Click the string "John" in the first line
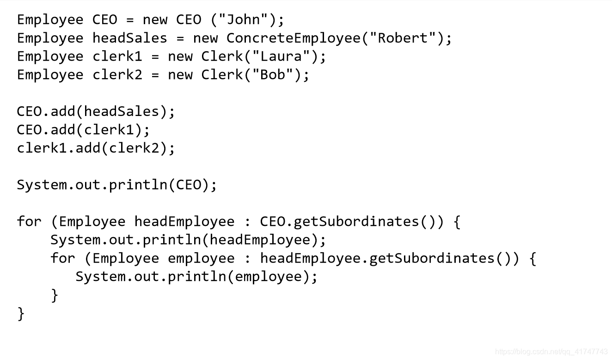[x=244, y=20]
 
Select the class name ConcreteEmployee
[x=294, y=38]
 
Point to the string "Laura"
[x=281, y=57]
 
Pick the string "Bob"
[x=273, y=75]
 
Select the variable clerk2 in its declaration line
[x=117, y=75]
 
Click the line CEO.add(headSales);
[x=96, y=111]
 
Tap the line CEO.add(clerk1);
[x=84, y=130]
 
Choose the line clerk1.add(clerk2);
[x=96, y=148]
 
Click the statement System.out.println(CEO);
[x=117, y=185]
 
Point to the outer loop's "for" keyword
[x=29, y=221]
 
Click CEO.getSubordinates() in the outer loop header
[x=352, y=221]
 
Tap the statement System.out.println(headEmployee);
[x=188, y=240]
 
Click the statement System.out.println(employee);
[x=197, y=276]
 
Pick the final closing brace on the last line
[x=21, y=313]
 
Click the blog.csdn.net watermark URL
[x=551, y=352]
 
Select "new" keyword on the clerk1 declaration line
[x=180, y=57]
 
